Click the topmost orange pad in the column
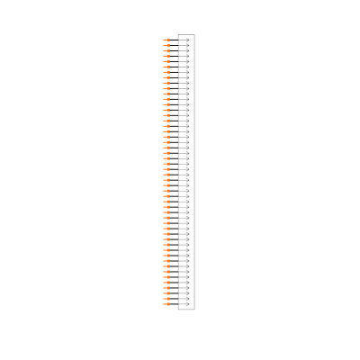coord(166,40)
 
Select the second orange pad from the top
coord(166,45)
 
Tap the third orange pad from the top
coord(166,50)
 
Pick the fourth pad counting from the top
coord(166,56)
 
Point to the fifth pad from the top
coord(166,61)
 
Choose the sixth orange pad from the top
coord(166,67)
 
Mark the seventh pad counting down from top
coord(166,72)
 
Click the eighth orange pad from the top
coord(166,77)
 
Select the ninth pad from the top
coord(166,83)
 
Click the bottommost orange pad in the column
coord(166,304)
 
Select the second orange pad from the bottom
coord(166,299)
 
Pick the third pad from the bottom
coord(166,293)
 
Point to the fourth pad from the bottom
coord(166,288)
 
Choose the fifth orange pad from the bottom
coord(166,283)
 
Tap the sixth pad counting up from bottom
coord(166,277)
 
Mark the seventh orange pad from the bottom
coord(166,272)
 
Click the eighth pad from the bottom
coord(166,266)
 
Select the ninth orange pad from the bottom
coord(166,261)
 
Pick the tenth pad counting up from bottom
coord(166,256)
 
